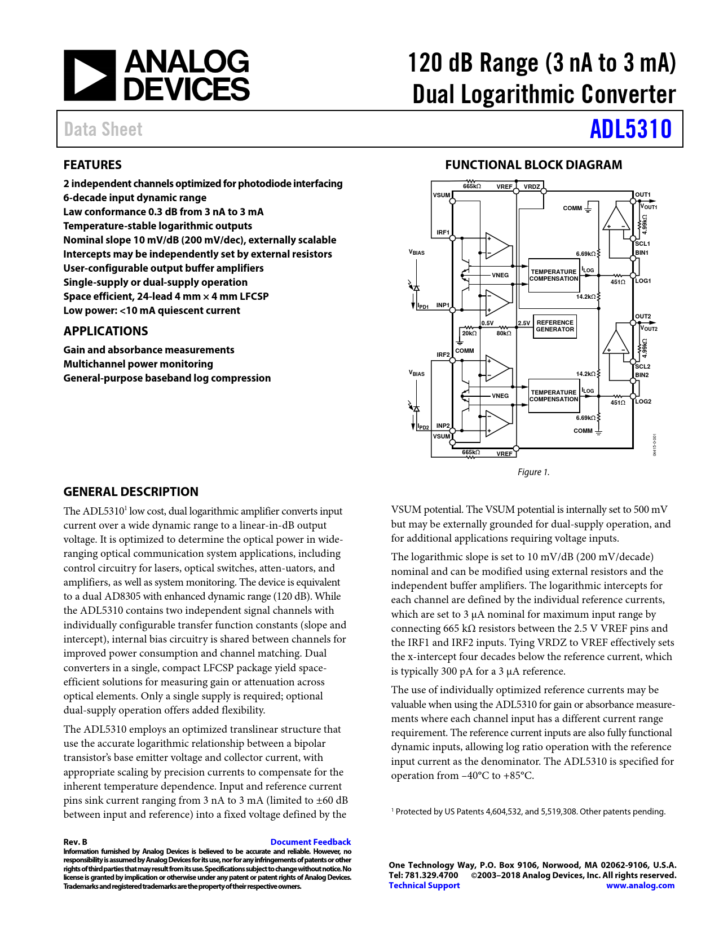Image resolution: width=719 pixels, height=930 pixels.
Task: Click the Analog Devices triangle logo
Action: (89, 76)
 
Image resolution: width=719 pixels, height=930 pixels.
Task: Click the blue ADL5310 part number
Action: (630, 129)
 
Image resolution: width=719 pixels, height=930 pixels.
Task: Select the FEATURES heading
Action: (92, 165)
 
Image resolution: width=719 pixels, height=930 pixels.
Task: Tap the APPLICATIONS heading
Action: (105, 331)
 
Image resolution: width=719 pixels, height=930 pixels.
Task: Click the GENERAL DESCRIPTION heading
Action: (131, 491)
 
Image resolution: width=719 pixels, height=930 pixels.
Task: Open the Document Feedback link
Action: (310, 842)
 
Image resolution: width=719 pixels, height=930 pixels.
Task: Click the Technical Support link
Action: (424, 885)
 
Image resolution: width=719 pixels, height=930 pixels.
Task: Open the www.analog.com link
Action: (640, 885)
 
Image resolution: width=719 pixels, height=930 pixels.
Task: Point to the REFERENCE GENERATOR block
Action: (555, 326)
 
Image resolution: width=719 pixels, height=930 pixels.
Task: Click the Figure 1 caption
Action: (533, 472)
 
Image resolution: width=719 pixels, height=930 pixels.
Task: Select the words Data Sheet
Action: (103, 130)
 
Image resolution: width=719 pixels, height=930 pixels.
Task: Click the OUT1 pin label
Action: (642, 195)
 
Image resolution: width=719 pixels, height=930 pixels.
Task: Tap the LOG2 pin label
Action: (643, 401)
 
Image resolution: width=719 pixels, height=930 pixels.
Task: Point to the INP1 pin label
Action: (443, 305)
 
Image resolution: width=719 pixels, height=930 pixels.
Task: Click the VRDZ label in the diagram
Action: (532, 187)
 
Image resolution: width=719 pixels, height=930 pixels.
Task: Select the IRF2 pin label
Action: (443, 355)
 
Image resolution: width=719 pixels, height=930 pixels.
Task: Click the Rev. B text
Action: (76, 842)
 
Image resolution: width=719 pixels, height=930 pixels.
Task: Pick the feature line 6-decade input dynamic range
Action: (135, 198)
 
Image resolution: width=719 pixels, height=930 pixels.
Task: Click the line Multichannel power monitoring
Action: (138, 364)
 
